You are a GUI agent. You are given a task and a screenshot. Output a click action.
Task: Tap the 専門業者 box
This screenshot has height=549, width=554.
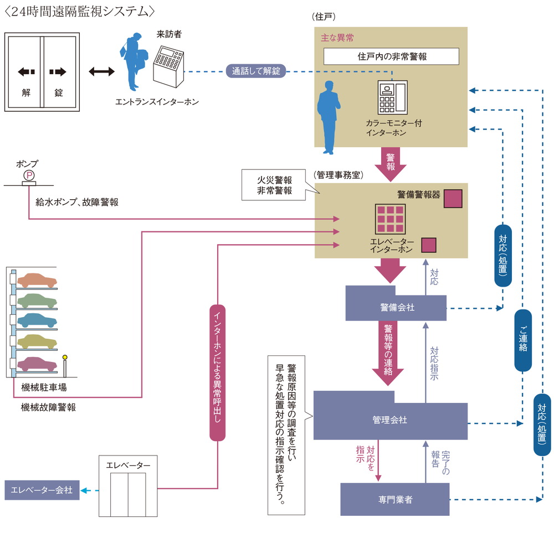click(394, 499)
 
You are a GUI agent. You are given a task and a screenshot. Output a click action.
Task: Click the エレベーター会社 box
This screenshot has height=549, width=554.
click(42, 490)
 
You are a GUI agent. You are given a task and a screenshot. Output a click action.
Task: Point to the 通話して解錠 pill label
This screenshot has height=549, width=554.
click(256, 71)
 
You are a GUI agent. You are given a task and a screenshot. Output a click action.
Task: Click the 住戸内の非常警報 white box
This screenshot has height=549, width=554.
click(392, 56)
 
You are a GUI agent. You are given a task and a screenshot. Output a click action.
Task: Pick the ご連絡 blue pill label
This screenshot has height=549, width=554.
click(523, 340)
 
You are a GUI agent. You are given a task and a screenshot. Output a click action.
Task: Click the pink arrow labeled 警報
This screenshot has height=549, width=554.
click(390, 162)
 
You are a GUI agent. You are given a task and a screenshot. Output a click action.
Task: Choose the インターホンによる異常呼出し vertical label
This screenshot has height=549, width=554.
click(218, 372)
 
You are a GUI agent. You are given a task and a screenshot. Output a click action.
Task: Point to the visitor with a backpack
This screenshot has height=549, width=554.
click(134, 61)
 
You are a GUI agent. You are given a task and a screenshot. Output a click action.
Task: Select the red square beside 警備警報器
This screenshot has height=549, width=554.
click(453, 198)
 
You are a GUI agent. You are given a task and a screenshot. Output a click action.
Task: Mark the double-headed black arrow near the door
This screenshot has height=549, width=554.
click(101, 72)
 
